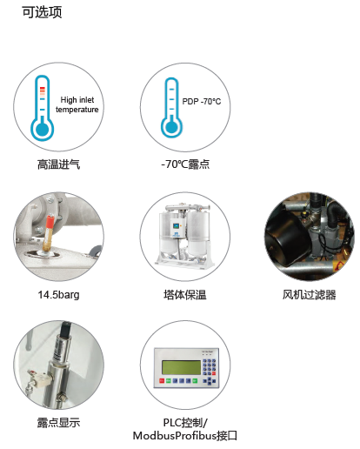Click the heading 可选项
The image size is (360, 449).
pyautogui.click(x=42, y=12)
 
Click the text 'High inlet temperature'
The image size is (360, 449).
pyautogui.click(x=77, y=104)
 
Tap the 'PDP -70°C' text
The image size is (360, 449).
pyautogui.click(x=202, y=102)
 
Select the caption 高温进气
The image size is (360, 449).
pyautogui.click(x=58, y=164)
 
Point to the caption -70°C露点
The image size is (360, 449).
pyautogui.click(x=185, y=164)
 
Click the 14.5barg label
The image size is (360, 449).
pyautogui.click(x=58, y=295)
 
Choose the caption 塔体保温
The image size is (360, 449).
pyautogui.click(x=185, y=295)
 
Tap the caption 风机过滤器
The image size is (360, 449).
pyautogui.click(x=310, y=295)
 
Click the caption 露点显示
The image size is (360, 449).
pyautogui.click(x=58, y=423)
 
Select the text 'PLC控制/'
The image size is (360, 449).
pyautogui.click(x=185, y=423)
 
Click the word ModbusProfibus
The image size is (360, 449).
pyautogui.click(x=175, y=436)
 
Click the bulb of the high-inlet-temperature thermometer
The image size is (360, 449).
pyautogui.click(x=43, y=129)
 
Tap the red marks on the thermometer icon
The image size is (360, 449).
pyautogui.click(x=43, y=90)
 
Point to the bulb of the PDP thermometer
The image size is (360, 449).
pyautogui.click(x=171, y=127)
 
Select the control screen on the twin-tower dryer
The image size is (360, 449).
pyautogui.click(x=176, y=225)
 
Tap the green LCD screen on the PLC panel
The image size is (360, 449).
pyautogui.click(x=181, y=367)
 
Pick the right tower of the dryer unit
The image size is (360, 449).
pyautogui.click(x=198, y=233)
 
